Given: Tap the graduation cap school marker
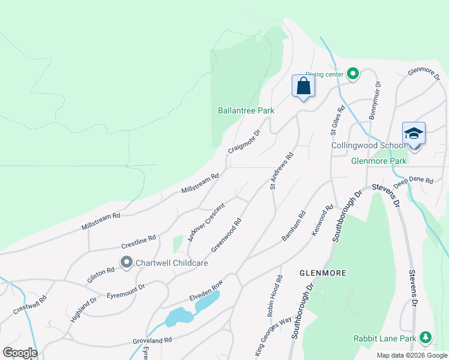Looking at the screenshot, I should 414,133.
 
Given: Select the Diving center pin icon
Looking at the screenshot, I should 353,74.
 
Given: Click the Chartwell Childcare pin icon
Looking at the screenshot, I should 126,263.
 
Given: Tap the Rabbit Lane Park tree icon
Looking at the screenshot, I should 426,338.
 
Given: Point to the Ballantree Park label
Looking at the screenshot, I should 246,110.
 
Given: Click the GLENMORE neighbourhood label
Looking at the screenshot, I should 322,273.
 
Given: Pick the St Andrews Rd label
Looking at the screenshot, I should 282,171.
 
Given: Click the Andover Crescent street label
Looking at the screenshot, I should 206,222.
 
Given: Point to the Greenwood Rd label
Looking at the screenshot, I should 226,235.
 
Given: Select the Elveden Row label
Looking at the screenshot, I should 206,290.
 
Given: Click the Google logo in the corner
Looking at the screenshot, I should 20,353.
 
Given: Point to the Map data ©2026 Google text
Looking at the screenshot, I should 412,355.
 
